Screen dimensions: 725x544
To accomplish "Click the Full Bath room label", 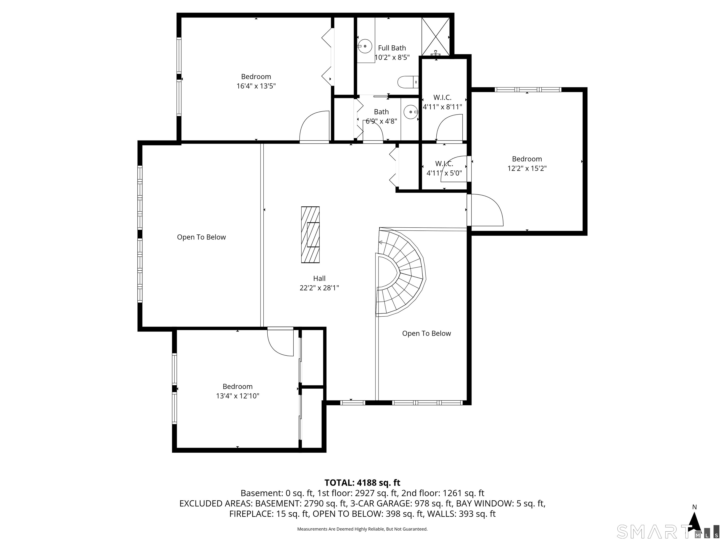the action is coord(392,48).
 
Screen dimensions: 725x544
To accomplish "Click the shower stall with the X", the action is coord(436,36).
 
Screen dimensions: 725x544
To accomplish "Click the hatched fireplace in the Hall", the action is coord(310,234).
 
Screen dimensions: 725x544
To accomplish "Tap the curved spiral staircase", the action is coord(400,272).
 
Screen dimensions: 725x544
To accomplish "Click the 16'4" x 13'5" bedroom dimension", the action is coord(256,86).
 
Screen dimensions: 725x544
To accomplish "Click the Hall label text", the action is coord(319,278).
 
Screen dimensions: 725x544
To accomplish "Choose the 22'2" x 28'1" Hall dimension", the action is coord(319,288).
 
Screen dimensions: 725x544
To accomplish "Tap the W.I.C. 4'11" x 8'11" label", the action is coord(443,102).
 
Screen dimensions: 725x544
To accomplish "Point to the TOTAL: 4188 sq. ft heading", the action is coord(362,483).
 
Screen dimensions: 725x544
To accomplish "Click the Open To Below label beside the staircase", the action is coord(426,333).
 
